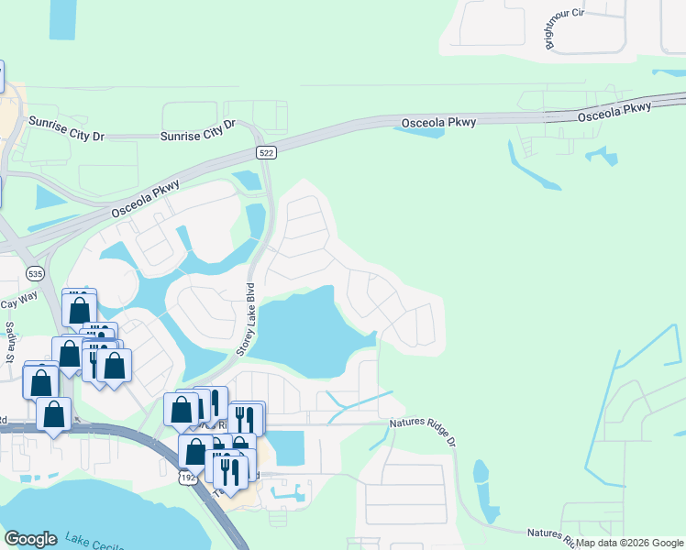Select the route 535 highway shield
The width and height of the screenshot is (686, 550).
coord(36,273)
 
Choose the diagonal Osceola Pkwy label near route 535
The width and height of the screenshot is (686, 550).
coord(148,197)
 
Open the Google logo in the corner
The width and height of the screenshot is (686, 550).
coord(30,539)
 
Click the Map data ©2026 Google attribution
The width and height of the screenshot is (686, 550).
coord(629,543)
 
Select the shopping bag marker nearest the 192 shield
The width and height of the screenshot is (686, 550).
coord(196,450)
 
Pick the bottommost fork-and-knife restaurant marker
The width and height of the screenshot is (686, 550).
coord(229,471)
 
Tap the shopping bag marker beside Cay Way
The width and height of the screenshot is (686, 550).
coord(80,309)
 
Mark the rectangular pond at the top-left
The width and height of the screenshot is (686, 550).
coord(63,18)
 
